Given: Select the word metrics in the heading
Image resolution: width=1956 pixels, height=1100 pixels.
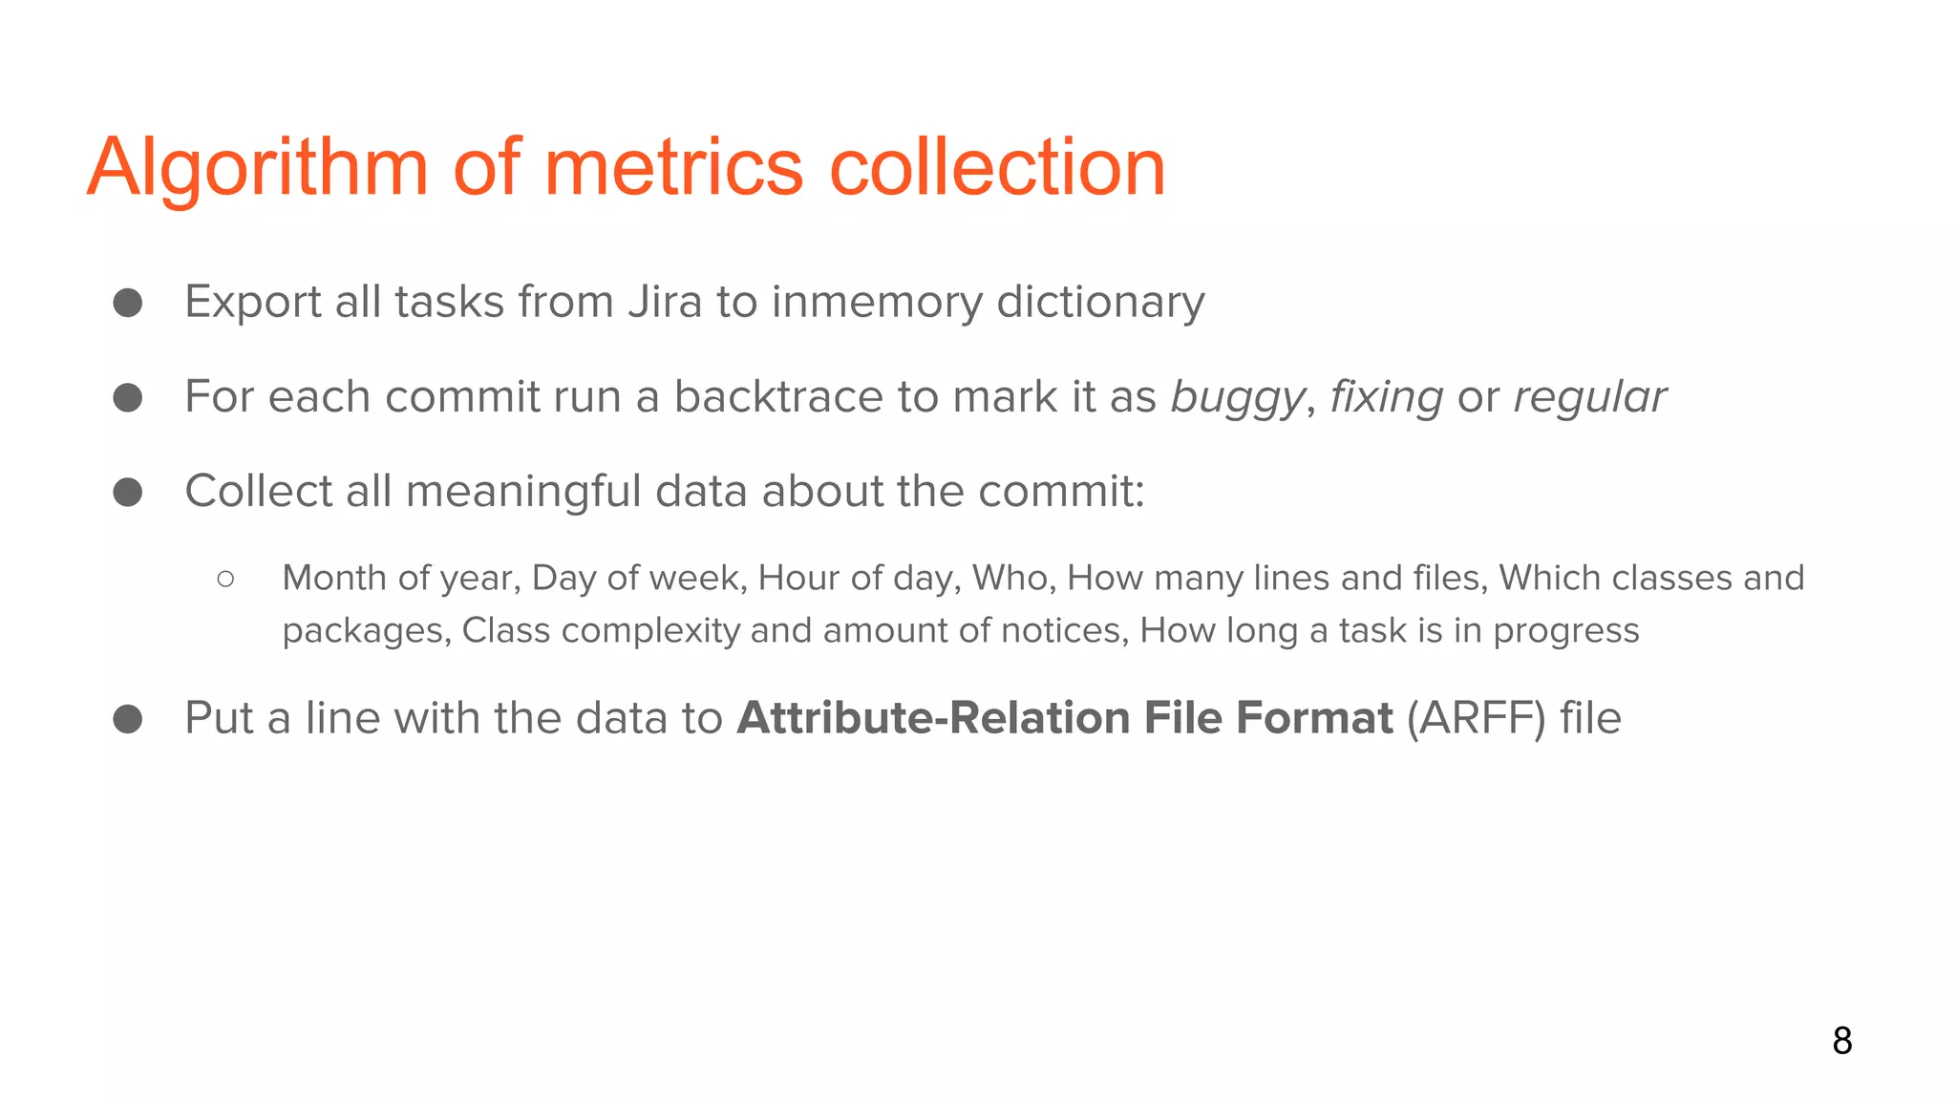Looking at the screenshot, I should pos(673,168).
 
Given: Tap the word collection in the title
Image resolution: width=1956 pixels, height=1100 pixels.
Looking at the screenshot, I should pos(997,168).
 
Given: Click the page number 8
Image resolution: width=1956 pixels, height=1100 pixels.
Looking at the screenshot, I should pos(1842,1041).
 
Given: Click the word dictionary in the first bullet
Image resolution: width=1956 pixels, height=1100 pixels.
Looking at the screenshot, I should pos(1100,302).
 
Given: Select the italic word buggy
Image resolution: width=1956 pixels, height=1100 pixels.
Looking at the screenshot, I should pos(1237,397).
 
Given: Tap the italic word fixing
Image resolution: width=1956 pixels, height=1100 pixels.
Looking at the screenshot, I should pos(1386,397).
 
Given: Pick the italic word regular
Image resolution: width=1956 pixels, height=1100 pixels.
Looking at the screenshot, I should pos(1590,397).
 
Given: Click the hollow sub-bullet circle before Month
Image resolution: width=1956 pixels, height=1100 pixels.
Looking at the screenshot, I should pos(225,579).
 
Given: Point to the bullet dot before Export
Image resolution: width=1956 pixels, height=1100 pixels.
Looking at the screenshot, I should pos(128,303).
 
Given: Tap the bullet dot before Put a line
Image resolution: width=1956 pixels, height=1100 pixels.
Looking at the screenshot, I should pos(128,719).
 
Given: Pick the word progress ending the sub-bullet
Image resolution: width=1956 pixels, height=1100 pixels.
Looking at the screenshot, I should pos(1566,631).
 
